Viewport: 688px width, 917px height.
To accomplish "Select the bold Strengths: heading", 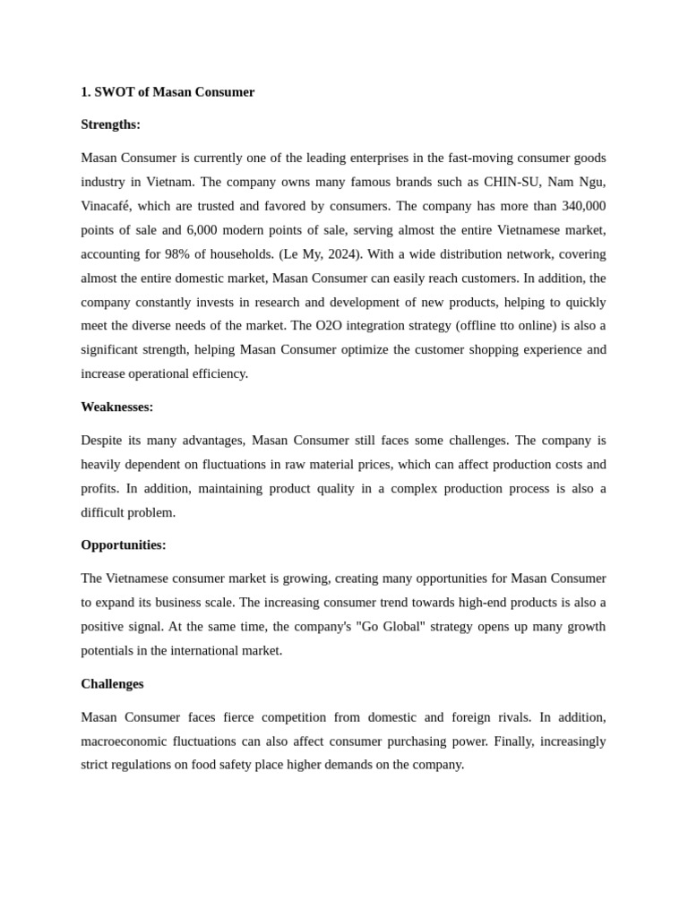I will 110,124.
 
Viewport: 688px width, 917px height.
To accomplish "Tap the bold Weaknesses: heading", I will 116,407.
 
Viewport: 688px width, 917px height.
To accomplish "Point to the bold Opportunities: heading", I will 123,544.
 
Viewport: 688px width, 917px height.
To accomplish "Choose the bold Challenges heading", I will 112,683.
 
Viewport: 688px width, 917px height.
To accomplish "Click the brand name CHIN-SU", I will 512,182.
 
